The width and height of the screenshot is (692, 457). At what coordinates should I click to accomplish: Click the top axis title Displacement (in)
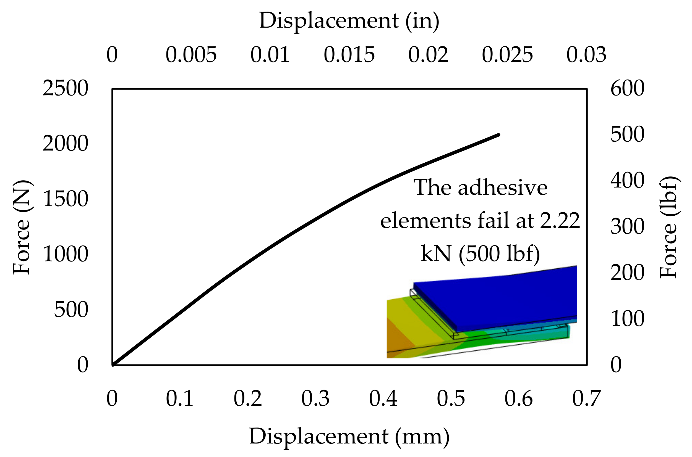click(x=349, y=21)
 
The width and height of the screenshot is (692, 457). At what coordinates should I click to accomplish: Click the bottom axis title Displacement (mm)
click(x=349, y=437)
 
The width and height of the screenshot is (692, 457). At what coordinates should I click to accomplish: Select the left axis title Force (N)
click(x=22, y=227)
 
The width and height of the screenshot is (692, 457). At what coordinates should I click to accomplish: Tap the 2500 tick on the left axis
click(x=65, y=88)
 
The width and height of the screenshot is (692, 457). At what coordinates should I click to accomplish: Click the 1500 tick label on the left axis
click(x=65, y=199)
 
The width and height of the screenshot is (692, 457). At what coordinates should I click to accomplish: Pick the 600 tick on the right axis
click(x=627, y=88)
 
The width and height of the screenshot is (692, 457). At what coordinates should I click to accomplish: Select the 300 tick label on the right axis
click(x=627, y=227)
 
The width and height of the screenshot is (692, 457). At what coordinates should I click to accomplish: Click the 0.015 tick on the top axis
click(x=349, y=55)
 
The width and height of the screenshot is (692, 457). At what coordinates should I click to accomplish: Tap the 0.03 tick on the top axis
click(x=586, y=55)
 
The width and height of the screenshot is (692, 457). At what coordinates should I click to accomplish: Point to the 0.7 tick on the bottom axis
click(x=586, y=399)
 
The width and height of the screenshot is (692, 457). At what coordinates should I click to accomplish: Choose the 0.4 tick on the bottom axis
click(x=383, y=399)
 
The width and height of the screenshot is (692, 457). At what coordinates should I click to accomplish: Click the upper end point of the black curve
click(x=498, y=135)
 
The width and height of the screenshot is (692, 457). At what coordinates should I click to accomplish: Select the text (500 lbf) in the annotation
click(x=499, y=253)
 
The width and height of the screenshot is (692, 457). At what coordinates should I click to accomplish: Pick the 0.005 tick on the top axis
click(x=191, y=55)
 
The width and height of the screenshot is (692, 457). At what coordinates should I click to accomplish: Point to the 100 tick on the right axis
click(x=627, y=319)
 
